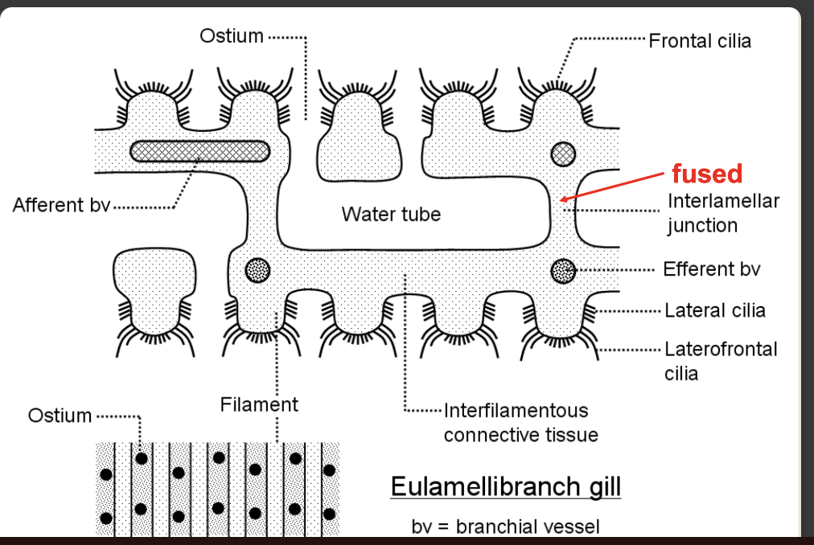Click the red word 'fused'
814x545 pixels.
pos(706,173)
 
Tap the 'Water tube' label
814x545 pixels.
pos(391,215)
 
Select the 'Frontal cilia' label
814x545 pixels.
pos(700,41)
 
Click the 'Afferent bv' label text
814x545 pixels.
pos(61,206)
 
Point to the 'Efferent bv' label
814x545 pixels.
pos(711,269)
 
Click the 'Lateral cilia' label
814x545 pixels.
pos(715,310)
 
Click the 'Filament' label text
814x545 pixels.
pos(259,404)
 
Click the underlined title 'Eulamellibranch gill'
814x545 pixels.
pos(505,487)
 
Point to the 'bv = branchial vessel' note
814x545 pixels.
pos(505,527)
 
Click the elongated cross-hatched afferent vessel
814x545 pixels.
pos(199,150)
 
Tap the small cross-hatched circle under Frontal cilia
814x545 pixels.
pos(563,152)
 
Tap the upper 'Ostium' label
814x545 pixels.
pos(232,36)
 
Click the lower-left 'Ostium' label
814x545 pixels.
pos(60,416)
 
